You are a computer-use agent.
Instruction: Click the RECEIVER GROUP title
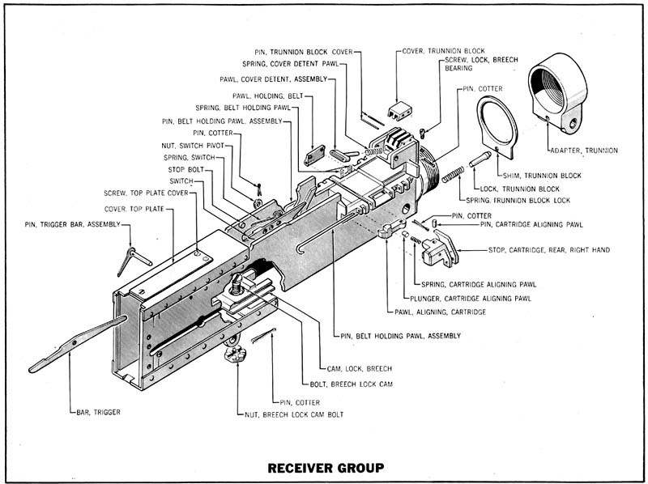click(326, 468)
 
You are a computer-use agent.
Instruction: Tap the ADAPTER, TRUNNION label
click(584, 151)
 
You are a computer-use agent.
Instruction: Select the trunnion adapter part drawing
click(557, 93)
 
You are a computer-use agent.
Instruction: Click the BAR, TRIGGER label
click(98, 412)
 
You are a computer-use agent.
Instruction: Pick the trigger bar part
click(77, 344)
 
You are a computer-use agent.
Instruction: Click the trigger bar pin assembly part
click(134, 261)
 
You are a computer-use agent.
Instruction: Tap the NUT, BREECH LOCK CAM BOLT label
click(294, 414)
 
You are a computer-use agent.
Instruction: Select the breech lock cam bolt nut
click(235, 354)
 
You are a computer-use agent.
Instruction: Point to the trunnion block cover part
click(399, 111)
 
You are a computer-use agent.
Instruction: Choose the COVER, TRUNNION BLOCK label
click(443, 51)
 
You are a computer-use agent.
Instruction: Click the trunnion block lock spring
click(453, 174)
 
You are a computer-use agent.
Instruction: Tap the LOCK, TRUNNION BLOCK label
click(519, 189)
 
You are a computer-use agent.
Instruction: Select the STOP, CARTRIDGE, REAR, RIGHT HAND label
click(549, 250)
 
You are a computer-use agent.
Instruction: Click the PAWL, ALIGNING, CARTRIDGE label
click(440, 312)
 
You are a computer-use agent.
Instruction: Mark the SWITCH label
click(181, 180)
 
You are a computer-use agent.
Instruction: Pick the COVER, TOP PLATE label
click(134, 209)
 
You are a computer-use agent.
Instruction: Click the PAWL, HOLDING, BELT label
click(268, 96)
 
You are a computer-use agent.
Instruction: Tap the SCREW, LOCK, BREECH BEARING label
click(481, 64)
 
